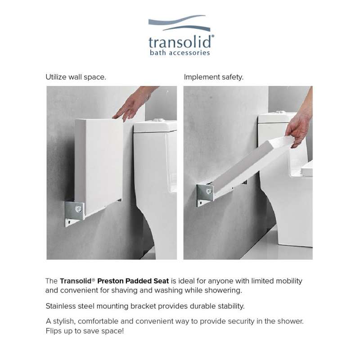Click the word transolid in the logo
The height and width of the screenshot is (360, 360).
pos(181,42)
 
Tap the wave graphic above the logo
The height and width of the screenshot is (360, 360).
pos(179,23)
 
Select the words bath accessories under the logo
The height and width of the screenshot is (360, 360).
pos(180,53)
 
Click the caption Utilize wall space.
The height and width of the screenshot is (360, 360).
pos(76,77)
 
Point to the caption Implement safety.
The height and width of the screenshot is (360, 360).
pos(213,77)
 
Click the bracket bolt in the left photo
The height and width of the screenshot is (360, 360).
pos(78,209)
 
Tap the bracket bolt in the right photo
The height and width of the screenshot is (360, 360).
pos(209,191)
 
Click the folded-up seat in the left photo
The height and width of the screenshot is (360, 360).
pos(99,165)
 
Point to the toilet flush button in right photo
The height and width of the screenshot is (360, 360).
pos(280,112)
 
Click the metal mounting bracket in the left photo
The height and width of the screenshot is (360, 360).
pos(74,213)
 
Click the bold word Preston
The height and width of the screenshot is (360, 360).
pos(110,281)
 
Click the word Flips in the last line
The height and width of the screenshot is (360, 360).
pos(52,331)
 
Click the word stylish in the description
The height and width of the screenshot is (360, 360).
pos(64,321)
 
